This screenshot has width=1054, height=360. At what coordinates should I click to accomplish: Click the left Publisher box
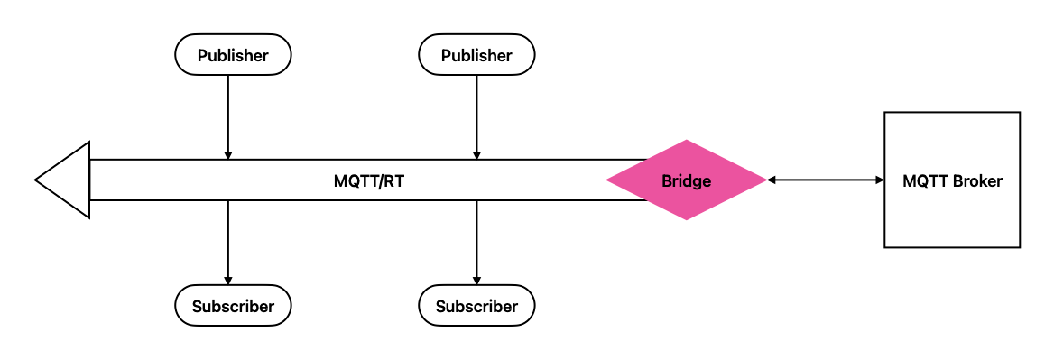[x=233, y=55]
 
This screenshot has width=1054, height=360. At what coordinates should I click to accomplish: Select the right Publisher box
[x=476, y=55]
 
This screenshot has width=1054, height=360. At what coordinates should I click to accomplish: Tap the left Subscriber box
[x=233, y=306]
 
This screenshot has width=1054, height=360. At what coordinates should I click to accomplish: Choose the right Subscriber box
[x=476, y=306]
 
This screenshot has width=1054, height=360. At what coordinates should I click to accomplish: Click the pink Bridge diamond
[x=686, y=180]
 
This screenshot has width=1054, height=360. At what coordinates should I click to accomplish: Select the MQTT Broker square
[x=952, y=180]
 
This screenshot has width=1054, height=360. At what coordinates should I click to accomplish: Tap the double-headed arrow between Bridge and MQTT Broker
[x=825, y=180]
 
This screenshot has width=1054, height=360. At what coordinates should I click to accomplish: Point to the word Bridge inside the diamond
[x=686, y=181]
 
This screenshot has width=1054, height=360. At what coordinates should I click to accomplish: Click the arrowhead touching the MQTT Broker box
[x=878, y=180]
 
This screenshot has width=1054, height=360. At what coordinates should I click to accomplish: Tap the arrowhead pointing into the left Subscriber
[x=228, y=280]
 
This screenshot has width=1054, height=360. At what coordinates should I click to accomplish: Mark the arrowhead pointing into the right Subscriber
[x=476, y=280]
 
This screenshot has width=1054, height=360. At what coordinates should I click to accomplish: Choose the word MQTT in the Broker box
[x=922, y=181]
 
